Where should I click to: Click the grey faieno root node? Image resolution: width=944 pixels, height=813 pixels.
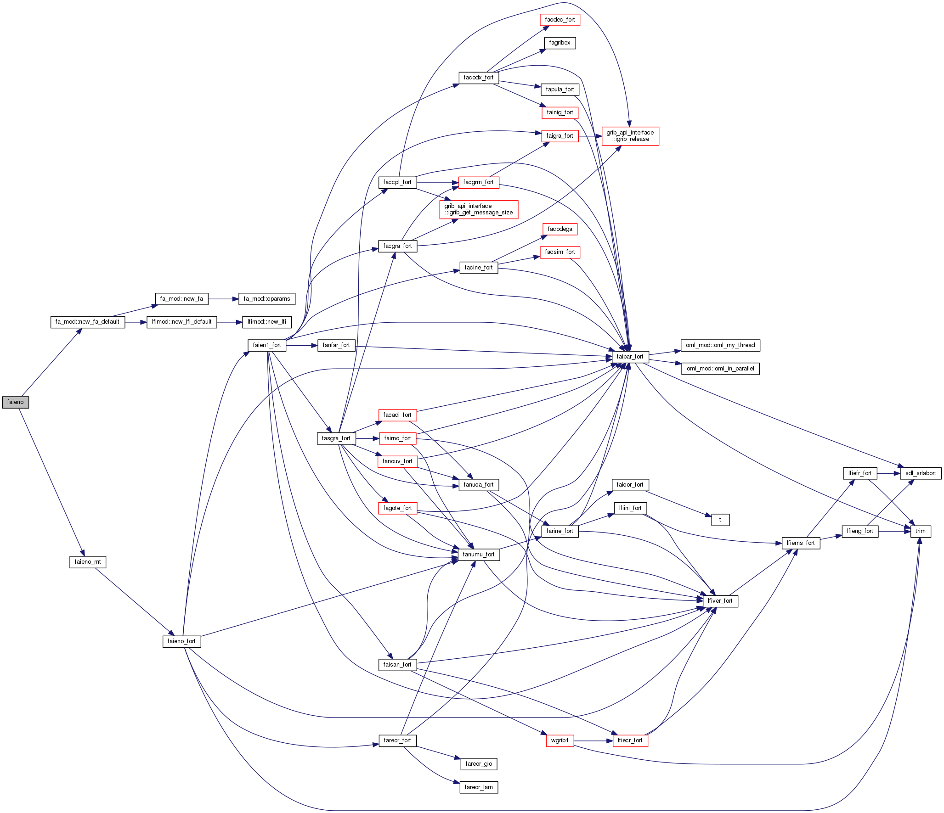pos(15,402)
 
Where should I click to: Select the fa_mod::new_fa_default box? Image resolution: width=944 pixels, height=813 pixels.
pos(87,322)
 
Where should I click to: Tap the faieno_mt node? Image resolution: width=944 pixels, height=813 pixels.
pos(87,562)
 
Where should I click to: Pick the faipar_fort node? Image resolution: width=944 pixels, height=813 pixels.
pos(630,357)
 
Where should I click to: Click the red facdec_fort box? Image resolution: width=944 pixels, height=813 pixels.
pos(560,20)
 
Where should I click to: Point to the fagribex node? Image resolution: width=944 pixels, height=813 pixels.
pos(560,43)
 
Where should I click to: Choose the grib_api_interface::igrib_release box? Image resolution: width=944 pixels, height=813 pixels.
pos(630,136)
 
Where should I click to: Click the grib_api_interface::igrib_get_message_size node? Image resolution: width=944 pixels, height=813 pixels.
pos(479,209)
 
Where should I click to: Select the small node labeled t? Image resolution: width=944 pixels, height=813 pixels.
pos(720,520)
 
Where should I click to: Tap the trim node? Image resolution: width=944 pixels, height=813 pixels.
pos(920,531)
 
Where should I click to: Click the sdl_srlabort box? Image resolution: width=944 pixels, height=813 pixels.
pos(920,473)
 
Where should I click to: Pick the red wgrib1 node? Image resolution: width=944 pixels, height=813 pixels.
pos(560,740)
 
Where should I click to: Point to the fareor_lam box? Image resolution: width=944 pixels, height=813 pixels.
pos(479,787)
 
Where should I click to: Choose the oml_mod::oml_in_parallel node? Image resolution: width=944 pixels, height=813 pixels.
pos(720,369)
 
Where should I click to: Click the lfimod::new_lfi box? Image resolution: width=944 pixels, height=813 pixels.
pos(266,322)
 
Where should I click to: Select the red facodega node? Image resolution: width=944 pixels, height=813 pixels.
pos(560,229)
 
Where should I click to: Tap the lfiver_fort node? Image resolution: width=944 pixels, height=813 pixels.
pos(720,601)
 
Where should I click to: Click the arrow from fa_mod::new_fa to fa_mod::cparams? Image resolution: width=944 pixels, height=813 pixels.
pos(223,299)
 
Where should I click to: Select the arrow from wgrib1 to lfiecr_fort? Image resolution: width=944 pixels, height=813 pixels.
pos(593,740)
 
